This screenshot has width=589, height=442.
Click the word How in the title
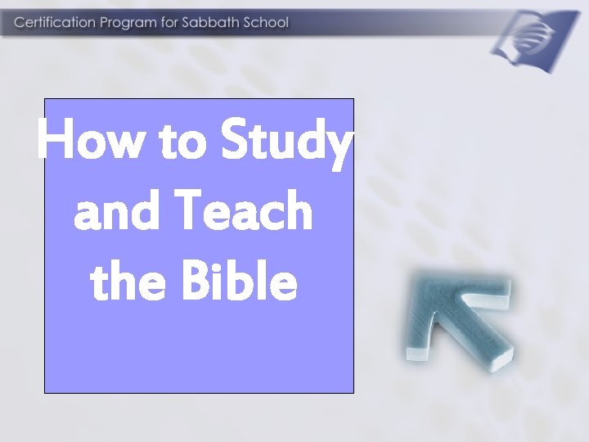(91, 142)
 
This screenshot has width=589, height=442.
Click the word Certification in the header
(54, 22)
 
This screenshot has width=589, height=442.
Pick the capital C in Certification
(18, 22)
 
